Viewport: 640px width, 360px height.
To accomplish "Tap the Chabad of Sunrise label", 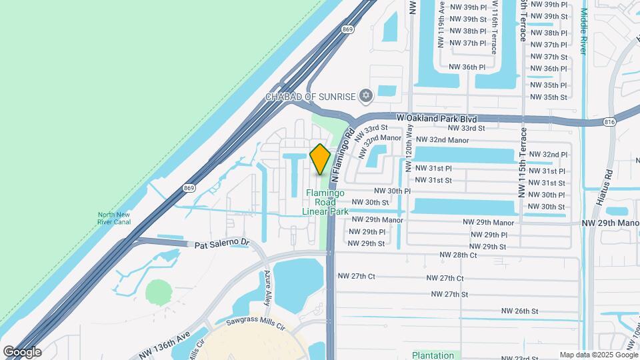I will point(311,97).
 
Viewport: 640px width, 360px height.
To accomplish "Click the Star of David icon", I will point(365,97).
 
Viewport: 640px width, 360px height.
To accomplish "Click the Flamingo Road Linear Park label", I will point(325,202).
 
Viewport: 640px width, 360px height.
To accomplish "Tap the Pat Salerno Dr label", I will point(221,245).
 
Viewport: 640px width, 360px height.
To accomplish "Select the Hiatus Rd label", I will point(608,177).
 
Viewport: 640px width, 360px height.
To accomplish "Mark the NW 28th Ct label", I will point(458,255).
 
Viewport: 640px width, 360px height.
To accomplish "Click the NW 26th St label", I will point(519,311).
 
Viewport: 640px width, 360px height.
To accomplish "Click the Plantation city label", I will point(433,355).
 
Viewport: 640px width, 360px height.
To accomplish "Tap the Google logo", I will point(22,352).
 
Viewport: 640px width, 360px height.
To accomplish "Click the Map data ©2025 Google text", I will point(598,355).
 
